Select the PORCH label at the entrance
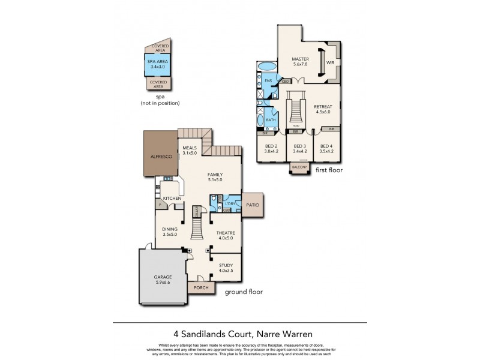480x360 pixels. (200, 288)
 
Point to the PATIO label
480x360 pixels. (253, 205)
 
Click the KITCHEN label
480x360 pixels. (173, 198)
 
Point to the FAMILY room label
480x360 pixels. (215, 175)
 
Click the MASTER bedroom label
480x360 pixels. (300, 59)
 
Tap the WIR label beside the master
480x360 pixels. (330, 62)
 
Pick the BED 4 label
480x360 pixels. (326, 146)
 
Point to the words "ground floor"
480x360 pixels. (243, 292)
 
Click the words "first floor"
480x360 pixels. (329, 170)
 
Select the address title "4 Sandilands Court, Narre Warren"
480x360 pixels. (240, 334)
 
